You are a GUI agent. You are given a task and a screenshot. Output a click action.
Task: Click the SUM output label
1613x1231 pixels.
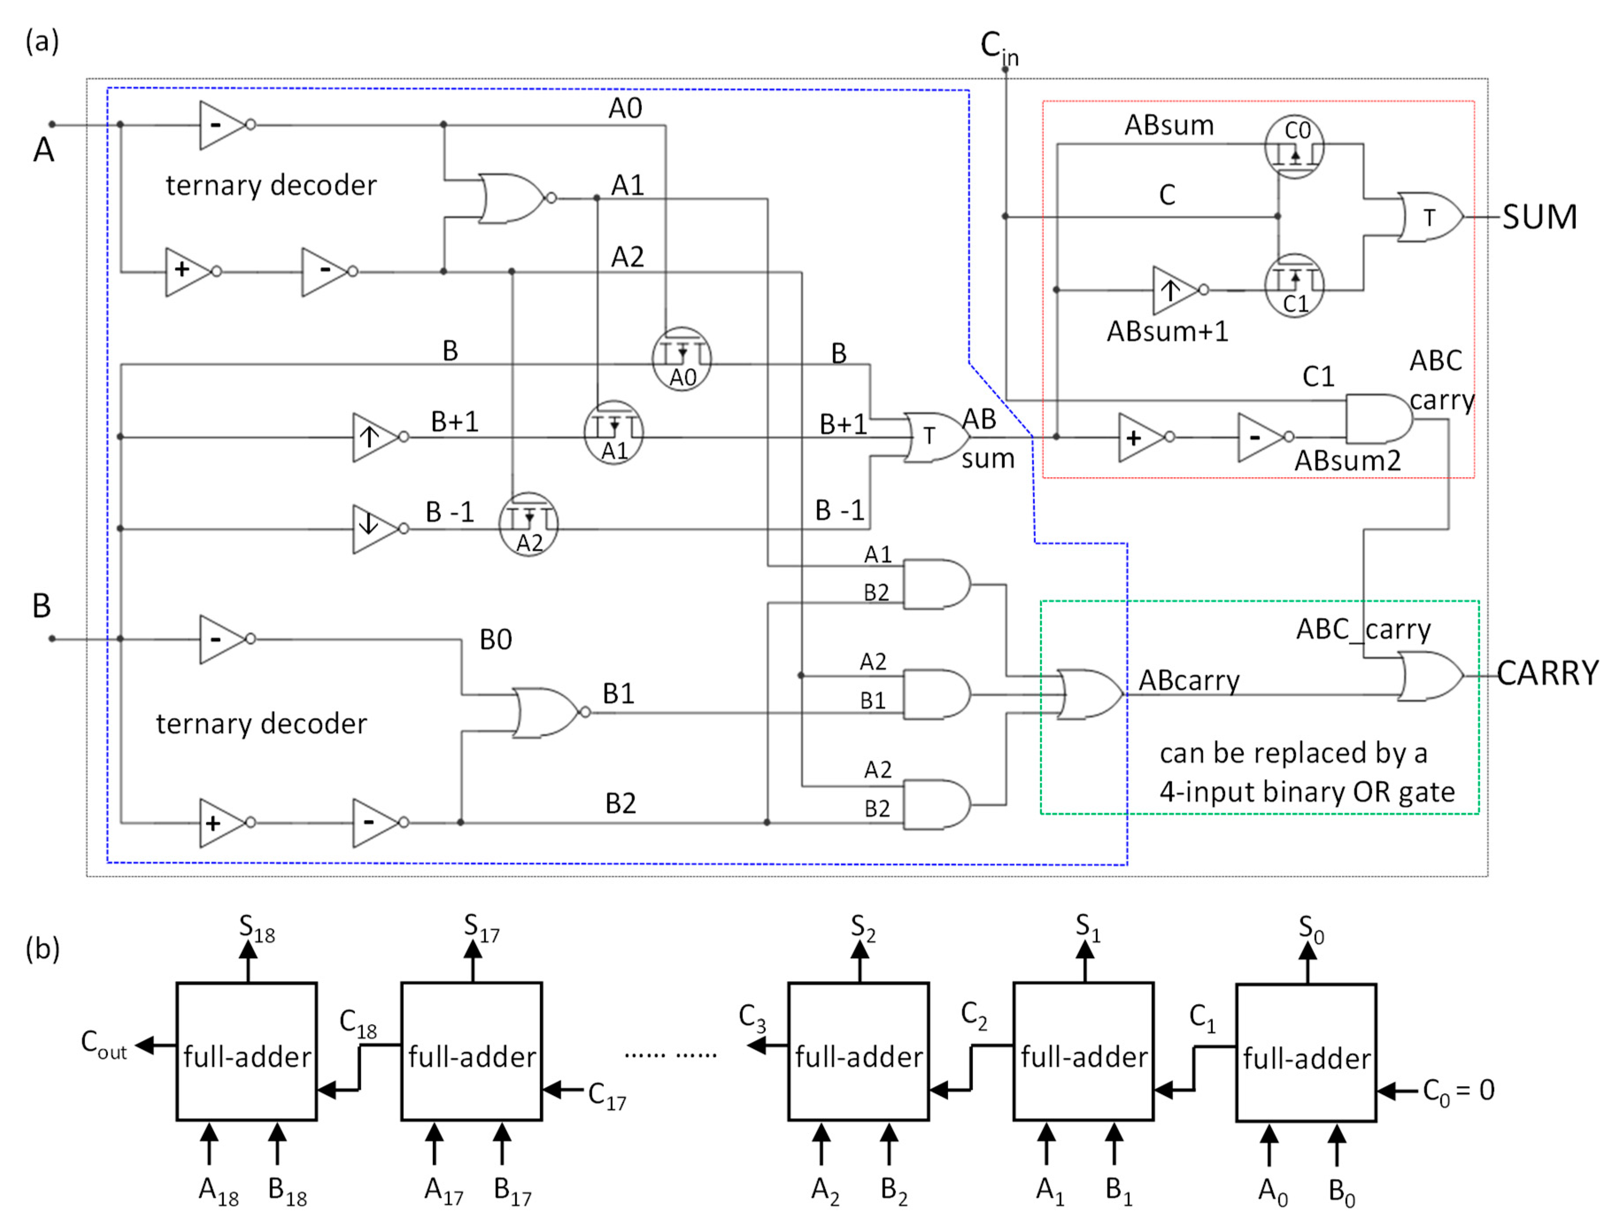pyautogui.click(x=1539, y=217)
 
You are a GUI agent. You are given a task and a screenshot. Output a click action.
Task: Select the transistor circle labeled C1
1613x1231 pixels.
pyautogui.click(x=1294, y=286)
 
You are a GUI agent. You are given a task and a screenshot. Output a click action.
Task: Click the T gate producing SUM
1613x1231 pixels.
pyautogui.click(x=1428, y=217)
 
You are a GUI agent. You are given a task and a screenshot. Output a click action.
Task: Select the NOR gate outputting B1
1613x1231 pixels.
pyautogui.click(x=546, y=712)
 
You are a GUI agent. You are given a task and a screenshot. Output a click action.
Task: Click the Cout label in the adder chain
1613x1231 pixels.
pyautogui.click(x=104, y=1044)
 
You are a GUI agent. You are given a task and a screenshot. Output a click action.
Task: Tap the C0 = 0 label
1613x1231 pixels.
pyautogui.click(x=1458, y=1091)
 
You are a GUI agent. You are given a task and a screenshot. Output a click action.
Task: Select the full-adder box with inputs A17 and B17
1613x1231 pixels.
pyautogui.click(x=472, y=1052)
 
